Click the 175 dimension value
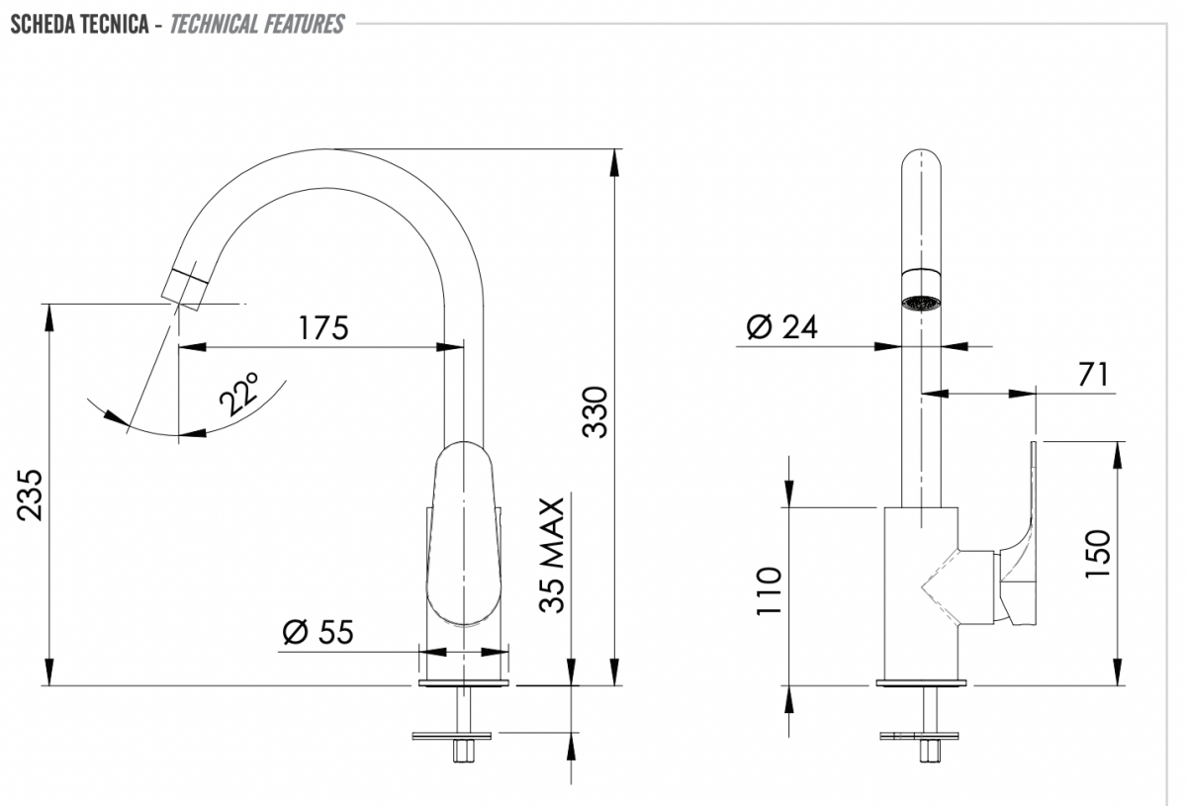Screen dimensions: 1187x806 point(323,327)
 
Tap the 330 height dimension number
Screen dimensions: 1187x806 point(594,413)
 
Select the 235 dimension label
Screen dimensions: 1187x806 point(30,494)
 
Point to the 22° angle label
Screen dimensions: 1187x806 point(238,394)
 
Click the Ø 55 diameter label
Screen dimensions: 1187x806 point(318,632)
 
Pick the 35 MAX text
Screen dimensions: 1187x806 point(552,555)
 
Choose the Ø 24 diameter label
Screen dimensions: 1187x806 point(782,326)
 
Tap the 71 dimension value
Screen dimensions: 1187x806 point(1093,375)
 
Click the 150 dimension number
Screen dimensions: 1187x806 point(1097,554)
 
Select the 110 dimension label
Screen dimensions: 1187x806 point(769,591)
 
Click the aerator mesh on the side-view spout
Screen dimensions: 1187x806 point(922,304)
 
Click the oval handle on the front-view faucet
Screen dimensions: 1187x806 point(464,534)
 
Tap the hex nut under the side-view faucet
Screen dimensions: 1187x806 point(930,751)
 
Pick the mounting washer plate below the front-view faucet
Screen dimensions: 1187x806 point(452,736)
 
